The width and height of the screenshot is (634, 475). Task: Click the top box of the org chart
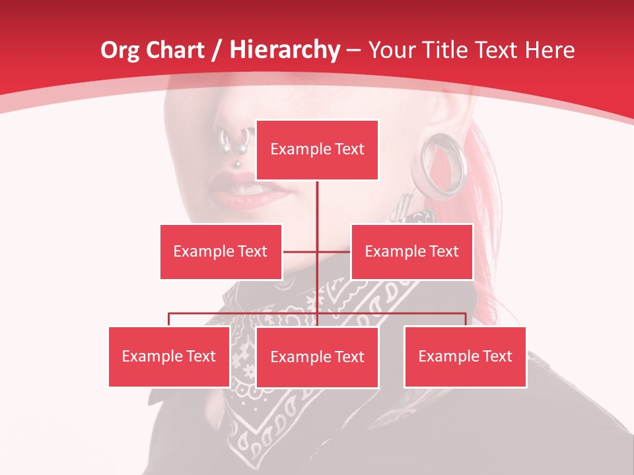tap(317, 150)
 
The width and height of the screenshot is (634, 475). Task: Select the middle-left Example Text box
tap(221, 251)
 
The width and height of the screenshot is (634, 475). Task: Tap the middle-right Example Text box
tap(411, 251)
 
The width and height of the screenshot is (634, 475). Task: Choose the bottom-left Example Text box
tap(169, 356)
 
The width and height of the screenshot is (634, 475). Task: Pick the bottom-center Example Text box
tap(317, 357)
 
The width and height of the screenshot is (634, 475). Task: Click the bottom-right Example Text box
tap(465, 356)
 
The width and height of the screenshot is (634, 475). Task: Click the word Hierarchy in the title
tap(285, 50)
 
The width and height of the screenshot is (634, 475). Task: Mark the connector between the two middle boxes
tap(317, 251)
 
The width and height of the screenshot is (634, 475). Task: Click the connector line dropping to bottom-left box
tap(169, 319)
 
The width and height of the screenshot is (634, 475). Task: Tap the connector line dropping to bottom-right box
tap(465, 319)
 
